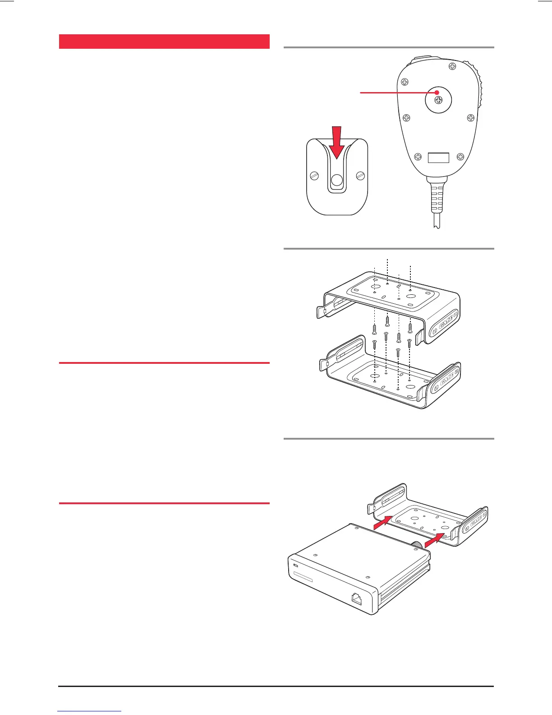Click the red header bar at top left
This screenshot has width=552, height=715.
tap(164, 41)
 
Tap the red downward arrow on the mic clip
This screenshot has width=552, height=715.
tap(336, 143)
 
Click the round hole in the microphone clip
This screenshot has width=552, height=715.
tap(337, 181)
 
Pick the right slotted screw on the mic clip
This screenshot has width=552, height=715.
tap(360, 176)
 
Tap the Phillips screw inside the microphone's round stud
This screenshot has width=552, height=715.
tap(438, 100)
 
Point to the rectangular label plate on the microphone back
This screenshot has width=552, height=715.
tap(438, 158)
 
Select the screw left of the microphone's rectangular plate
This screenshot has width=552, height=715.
tap(418, 157)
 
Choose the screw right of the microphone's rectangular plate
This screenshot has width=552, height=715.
tap(460, 157)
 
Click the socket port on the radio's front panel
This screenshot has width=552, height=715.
tap(357, 599)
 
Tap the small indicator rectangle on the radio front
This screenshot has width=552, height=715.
tap(296, 566)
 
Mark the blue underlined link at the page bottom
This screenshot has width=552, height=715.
tap(90, 711)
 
